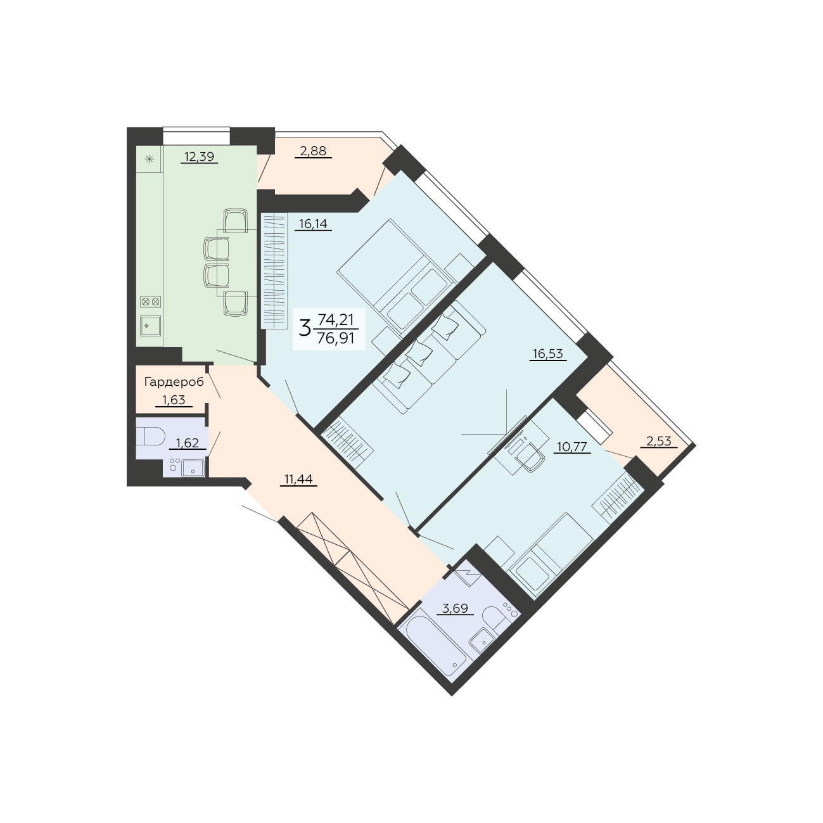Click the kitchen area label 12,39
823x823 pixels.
[x=199, y=156]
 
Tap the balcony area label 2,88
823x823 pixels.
[x=313, y=151]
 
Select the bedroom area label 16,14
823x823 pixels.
[x=313, y=224]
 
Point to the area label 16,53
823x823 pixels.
[x=547, y=354]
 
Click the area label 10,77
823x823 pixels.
[x=572, y=447]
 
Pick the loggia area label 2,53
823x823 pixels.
[x=658, y=441]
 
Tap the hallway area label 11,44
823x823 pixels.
[x=298, y=479]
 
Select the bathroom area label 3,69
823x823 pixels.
[x=455, y=608]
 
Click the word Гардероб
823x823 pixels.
[x=174, y=382]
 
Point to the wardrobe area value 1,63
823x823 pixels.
[x=174, y=400]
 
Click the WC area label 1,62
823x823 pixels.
[x=188, y=443]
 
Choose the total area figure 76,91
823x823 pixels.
[x=336, y=339]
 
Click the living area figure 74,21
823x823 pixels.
[x=336, y=319]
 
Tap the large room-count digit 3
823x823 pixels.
[x=304, y=329]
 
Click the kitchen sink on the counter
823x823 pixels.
[x=150, y=326]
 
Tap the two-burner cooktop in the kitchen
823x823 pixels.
[x=150, y=302]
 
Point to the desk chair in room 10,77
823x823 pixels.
[x=531, y=457]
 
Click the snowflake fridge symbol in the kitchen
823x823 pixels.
[x=149, y=159]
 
